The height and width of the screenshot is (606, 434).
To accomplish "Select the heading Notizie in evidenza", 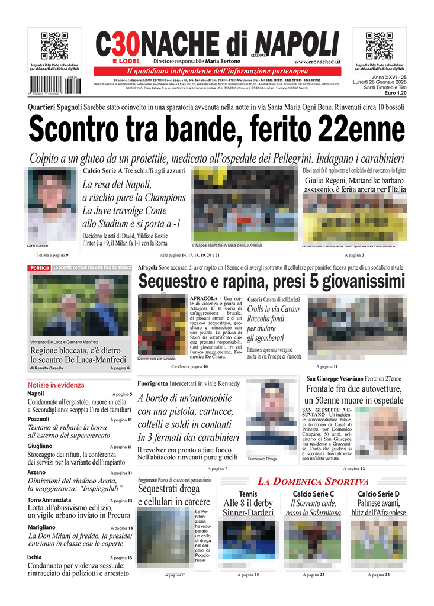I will pos(56,385).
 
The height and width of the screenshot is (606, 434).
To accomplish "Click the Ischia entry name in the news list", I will pos(34,557).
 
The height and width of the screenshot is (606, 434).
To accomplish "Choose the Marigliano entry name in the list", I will pos(41,527).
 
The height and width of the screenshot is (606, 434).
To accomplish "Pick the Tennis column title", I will pos(248,494).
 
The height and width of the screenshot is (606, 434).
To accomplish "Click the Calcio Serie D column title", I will pos(378,494).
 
